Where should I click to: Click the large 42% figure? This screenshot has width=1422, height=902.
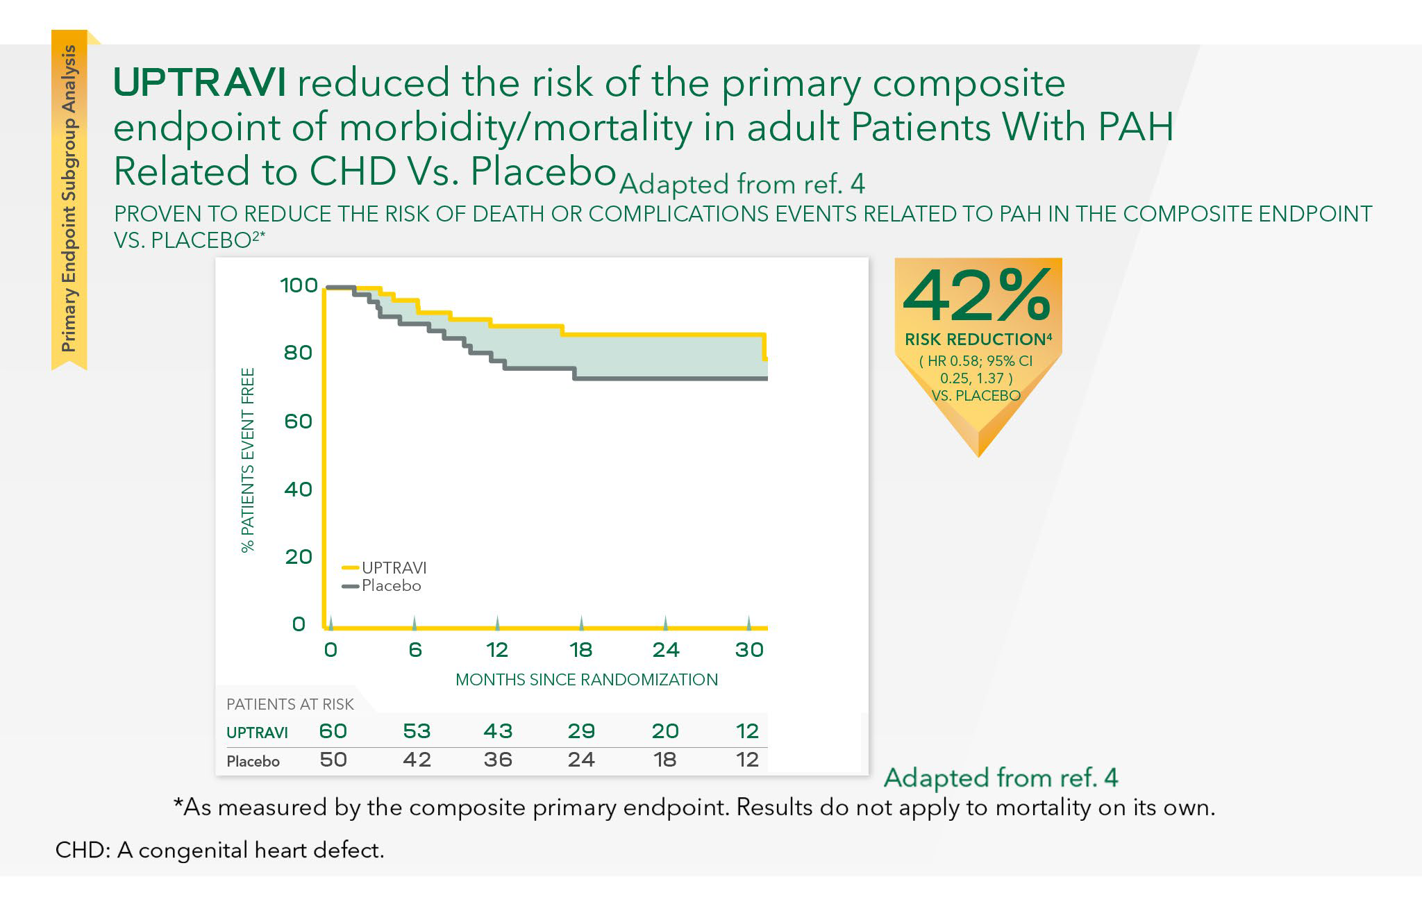(976, 297)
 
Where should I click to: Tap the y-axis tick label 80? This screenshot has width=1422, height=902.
(298, 353)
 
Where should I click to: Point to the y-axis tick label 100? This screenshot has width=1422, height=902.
(299, 285)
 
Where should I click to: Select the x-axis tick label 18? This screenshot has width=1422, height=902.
(581, 650)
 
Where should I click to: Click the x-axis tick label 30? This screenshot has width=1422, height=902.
(749, 650)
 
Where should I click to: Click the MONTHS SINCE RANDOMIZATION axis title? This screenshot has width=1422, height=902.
(587, 679)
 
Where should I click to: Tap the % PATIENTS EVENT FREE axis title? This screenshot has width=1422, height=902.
(248, 460)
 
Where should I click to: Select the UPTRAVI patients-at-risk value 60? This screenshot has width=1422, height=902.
(333, 731)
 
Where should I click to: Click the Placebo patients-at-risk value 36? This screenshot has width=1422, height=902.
(498, 760)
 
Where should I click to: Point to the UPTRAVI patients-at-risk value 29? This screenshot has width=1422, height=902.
(581, 731)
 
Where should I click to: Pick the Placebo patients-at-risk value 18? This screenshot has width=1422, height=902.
(665, 760)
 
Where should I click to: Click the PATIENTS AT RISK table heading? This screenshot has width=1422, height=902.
(290, 704)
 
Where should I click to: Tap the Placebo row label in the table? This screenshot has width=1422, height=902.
(253, 761)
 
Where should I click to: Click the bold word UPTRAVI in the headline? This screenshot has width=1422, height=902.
(200, 83)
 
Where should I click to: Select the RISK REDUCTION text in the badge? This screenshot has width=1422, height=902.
(975, 340)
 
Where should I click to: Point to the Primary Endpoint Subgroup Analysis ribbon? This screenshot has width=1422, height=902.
(69, 198)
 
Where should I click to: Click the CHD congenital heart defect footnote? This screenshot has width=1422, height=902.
(219, 850)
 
